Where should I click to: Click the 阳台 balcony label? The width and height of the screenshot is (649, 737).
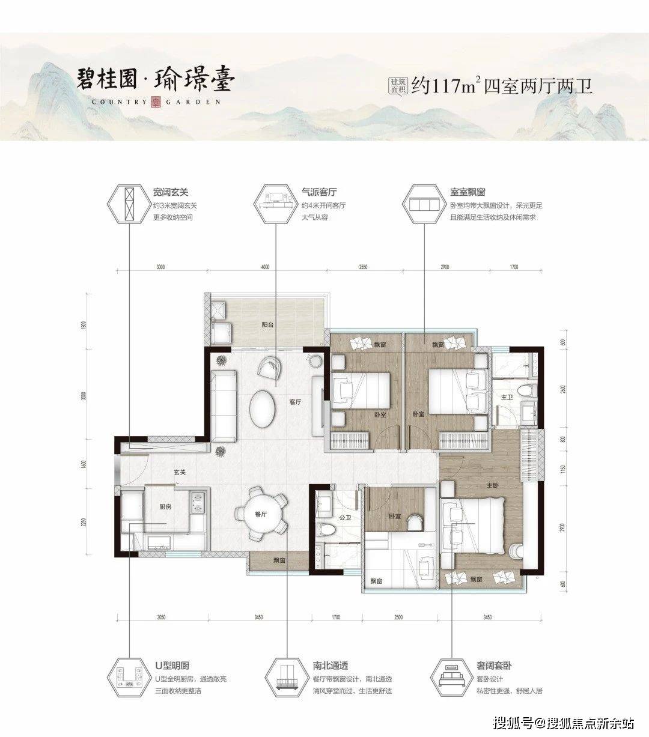click(267, 324)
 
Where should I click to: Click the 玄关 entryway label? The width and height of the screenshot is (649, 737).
click(179, 473)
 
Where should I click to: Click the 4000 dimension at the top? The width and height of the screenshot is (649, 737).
click(266, 267)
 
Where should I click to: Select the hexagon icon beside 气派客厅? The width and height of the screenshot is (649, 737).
click(276, 204)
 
